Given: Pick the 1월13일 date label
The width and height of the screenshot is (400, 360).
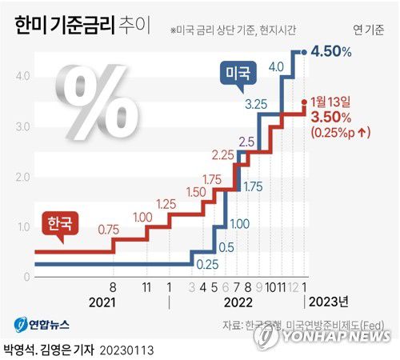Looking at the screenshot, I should pyautogui.click(x=339, y=102).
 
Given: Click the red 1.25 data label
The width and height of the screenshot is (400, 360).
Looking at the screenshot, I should pyautogui.click(x=166, y=205).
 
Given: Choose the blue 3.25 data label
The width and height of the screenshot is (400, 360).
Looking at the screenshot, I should pyautogui.click(x=255, y=103).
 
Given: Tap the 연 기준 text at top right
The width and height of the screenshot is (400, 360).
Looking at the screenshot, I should pyautogui.click(x=369, y=30).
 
